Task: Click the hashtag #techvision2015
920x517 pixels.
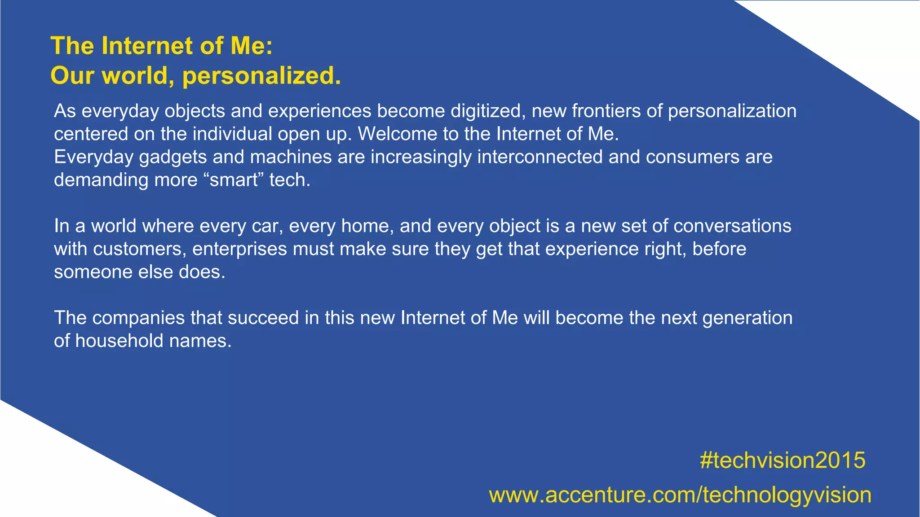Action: click(782, 460)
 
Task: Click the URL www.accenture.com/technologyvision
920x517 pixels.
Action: click(680, 495)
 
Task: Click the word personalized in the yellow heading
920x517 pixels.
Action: click(261, 75)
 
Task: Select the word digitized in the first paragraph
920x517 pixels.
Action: click(488, 111)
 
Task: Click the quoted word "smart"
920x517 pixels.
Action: click(233, 180)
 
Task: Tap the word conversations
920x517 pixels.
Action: click(732, 226)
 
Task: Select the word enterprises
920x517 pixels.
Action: click(239, 249)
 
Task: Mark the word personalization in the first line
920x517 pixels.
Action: click(732, 111)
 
